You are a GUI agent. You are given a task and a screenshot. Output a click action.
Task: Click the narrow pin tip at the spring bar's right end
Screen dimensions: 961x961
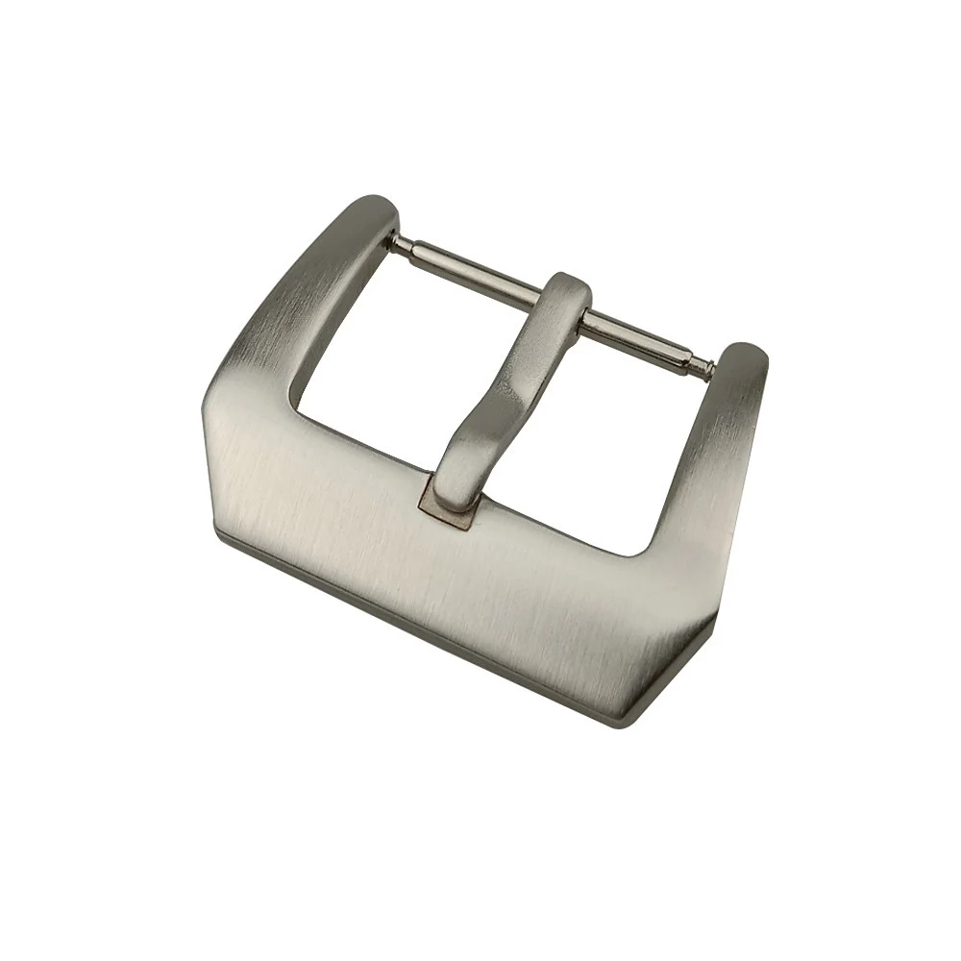coord(708,365)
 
